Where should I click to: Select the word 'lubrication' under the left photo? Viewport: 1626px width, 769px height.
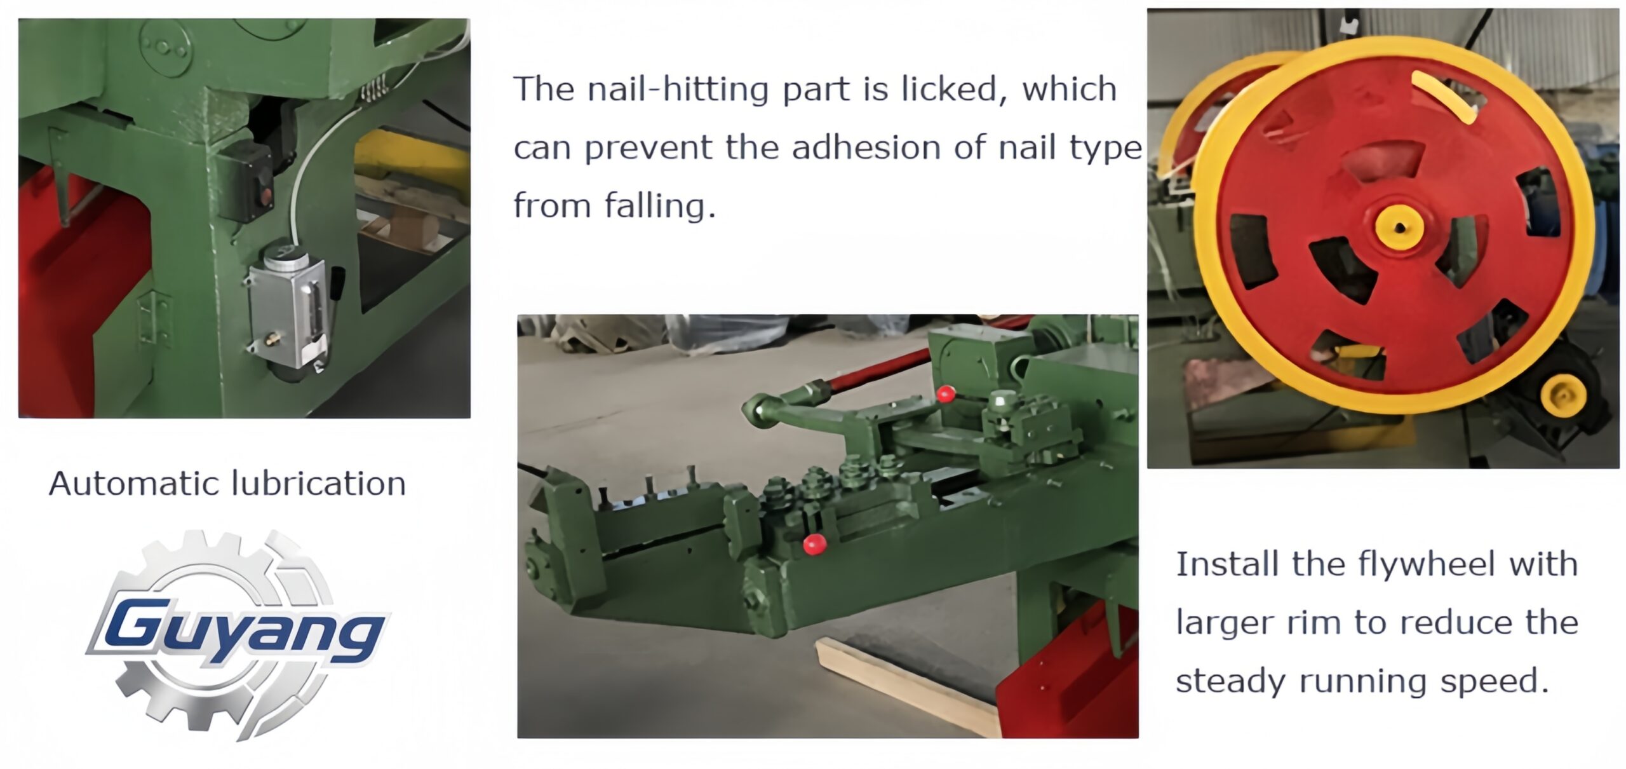pos(318,484)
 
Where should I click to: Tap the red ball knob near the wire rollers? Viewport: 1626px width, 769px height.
pos(814,545)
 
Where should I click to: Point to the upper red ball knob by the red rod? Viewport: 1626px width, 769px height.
pos(946,394)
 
